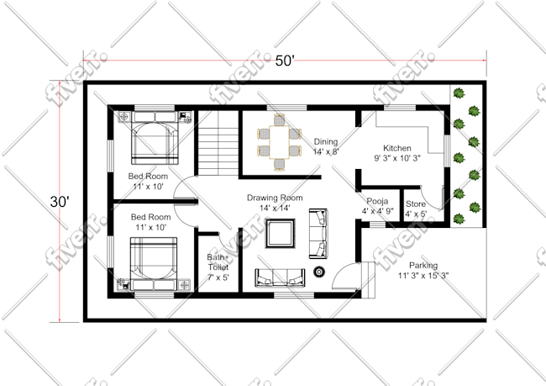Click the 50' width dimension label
pos(285,61)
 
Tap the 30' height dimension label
pos(60,202)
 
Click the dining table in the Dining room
pos(279,142)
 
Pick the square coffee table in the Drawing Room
pos(281,233)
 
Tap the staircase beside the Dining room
pos(218,143)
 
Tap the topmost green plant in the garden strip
pos(459,93)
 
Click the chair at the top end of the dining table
pos(279,119)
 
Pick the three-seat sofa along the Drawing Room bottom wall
pos(280,278)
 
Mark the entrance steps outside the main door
pos(368,280)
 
